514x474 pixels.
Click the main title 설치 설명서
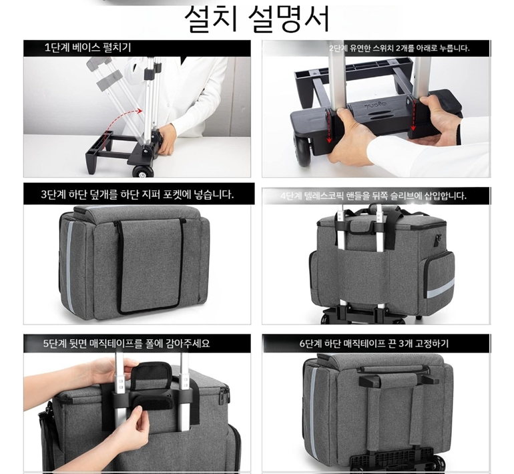(257, 18)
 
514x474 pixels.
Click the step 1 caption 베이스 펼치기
(88, 47)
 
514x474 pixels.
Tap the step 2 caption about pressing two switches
(399, 48)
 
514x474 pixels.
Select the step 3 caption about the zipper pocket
(138, 194)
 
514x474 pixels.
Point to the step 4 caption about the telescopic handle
(373, 196)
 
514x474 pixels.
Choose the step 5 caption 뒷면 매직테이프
(127, 344)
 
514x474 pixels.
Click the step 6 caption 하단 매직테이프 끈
(374, 344)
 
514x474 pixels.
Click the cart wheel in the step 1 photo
(143, 172)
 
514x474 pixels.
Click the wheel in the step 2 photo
(304, 150)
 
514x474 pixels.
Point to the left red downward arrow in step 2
(328, 127)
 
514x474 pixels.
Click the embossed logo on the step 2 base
(374, 105)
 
